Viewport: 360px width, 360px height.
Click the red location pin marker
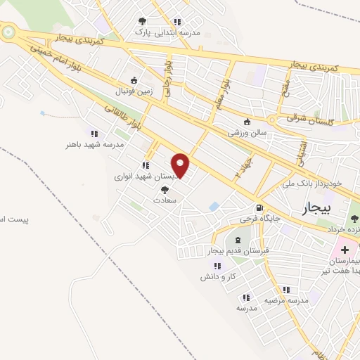(x=181, y=166)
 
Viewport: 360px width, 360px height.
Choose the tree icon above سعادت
(x=165, y=190)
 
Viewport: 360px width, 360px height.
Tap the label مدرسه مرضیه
(x=286, y=300)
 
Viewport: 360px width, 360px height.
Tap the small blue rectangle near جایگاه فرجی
(x=214, y=206)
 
